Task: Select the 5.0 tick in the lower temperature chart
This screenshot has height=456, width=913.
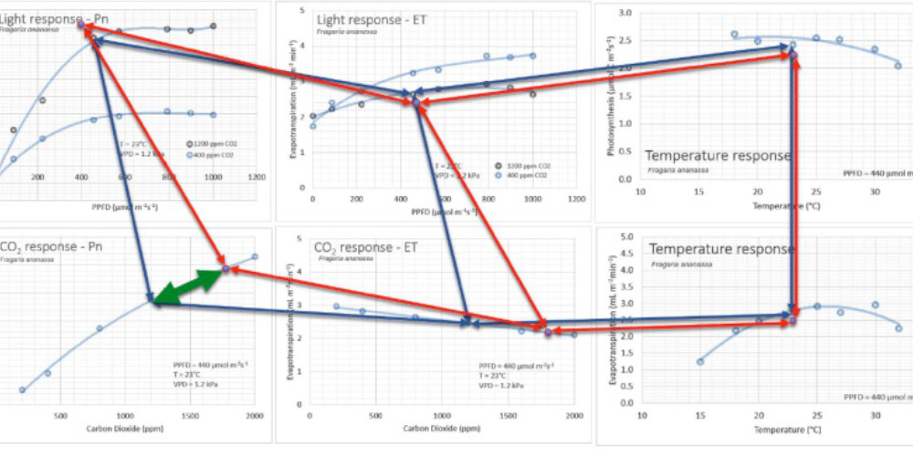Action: tap(625, 237)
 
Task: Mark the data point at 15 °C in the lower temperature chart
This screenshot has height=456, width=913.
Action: tap(699, 362)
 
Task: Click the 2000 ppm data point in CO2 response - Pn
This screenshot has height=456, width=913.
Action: tap(255, 257)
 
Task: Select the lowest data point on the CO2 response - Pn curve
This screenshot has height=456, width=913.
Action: tap(22, 390)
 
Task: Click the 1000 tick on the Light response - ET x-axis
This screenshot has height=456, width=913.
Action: tap(531, 198)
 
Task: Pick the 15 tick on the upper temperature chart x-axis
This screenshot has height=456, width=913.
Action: tap(698, 192)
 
